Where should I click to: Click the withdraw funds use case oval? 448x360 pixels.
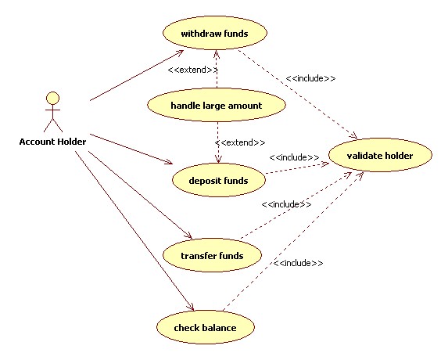(x=214, y=34)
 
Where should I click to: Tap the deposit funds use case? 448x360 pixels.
(x=218, y=180)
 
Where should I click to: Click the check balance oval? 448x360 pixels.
(x=206, y=327)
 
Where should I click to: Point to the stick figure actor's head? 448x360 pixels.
(x=52, y=98)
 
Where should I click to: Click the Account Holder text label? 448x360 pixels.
(x=52, y=142)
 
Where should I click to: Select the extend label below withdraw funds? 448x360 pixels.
(x=192, y=70)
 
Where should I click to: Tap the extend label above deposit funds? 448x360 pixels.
(x=240, y=142)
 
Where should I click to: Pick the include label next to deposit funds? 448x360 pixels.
(x=294, y=157)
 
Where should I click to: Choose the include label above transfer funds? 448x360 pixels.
(x=286, y=204)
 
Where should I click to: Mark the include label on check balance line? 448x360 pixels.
(x=298, y=264)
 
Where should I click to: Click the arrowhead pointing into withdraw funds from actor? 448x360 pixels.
(x=181, y=52)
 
